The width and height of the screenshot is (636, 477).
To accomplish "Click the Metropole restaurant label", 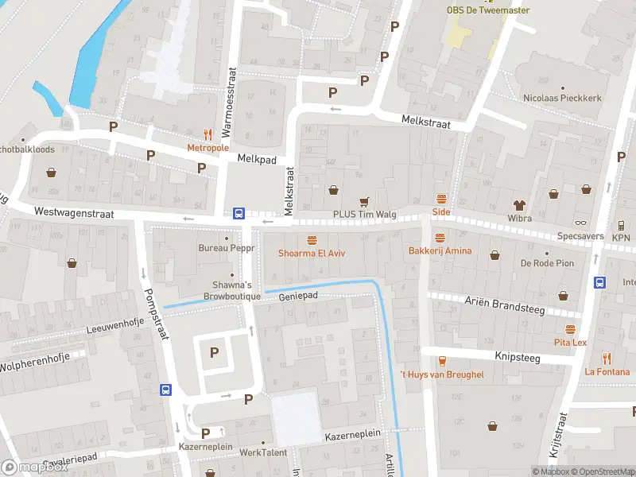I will (207, 148).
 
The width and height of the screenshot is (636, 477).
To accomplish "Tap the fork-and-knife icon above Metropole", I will (208, 134).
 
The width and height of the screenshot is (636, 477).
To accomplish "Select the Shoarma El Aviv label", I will (311, 254).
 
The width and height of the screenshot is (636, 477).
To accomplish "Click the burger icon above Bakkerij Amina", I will (440, 237).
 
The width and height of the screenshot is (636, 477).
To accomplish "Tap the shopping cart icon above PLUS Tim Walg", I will (365, 201).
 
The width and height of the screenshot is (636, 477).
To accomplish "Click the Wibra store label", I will (519, 217).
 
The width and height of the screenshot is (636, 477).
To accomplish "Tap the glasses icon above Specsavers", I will (580, 223).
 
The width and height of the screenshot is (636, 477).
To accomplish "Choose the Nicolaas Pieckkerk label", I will (562, 98).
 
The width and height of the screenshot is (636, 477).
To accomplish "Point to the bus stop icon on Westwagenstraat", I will (238, 213).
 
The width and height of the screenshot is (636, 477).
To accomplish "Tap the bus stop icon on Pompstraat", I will (165, 390).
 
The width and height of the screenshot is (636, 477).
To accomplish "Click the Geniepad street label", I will (298, 296).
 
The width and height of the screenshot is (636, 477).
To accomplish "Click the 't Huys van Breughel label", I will (441, 374).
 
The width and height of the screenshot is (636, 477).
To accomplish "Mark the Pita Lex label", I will (570, 342).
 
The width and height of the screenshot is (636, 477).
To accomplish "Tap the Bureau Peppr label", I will (227, 248).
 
